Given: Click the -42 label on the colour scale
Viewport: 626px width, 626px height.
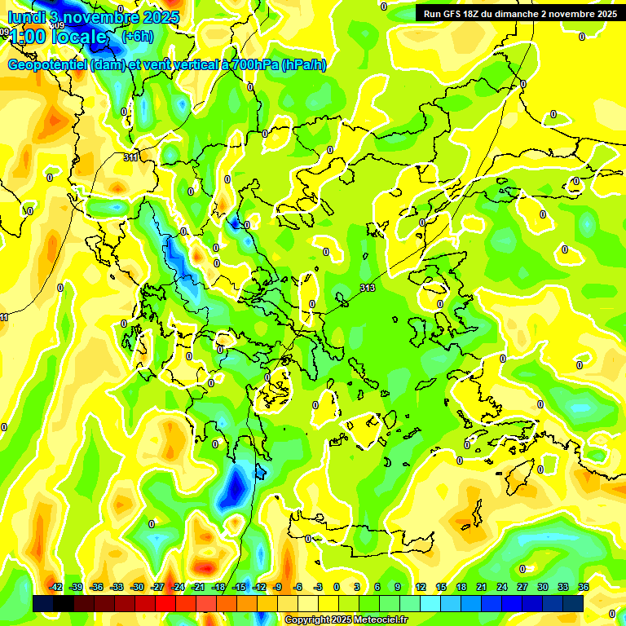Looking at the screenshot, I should (x=56, y=587).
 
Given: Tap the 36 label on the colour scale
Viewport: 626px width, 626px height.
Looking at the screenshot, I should (x=584, y=587).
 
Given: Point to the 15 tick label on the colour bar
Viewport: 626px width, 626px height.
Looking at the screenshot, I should (x=441, y=587).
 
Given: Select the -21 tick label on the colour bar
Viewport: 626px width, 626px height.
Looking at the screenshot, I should (x=198, y=587).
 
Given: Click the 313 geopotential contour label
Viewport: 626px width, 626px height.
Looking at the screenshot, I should (x=368, y=288).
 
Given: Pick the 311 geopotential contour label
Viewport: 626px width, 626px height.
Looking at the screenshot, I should (x=130, y=156).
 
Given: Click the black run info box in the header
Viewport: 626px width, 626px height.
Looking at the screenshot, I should (x=519, y=13).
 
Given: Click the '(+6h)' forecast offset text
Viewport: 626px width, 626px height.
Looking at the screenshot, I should (x=137, y=37).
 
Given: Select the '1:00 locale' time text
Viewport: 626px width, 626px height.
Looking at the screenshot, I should (x=57, y=37).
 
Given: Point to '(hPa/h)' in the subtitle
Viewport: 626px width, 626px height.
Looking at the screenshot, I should (x=303, y=65).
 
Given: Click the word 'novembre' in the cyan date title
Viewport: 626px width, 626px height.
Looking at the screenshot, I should (x=103, y=16).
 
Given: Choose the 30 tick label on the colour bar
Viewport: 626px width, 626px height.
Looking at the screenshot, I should (x=543, y=587).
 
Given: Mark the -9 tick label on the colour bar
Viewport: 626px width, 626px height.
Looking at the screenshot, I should (x=277, y=587).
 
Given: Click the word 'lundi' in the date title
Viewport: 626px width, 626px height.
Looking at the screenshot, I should (x=25, y=16).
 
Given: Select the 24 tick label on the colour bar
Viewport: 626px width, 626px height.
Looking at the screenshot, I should (x=502, y=587).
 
